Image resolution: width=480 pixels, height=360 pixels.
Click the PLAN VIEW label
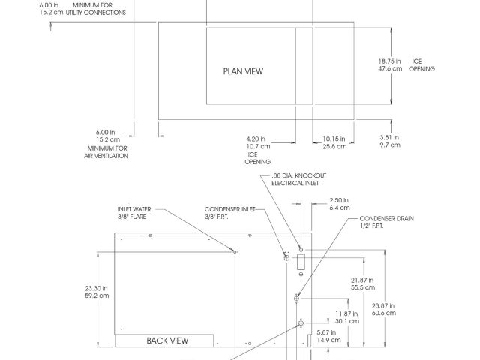click(x=243, y=71)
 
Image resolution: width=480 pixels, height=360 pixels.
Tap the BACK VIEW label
click(x=167, y=340)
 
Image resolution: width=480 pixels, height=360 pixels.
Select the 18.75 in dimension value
click(x=389, y=61)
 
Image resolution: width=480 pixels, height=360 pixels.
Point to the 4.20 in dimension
click(x=256, y=139)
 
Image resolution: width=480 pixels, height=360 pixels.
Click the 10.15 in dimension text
click(x=334, y=139)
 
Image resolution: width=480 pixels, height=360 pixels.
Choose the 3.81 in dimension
click(x=389, y=137)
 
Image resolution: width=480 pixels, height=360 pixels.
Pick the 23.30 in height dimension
click(x=97, y=287)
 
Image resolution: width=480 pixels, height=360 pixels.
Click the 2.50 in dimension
click(x=340, y=200)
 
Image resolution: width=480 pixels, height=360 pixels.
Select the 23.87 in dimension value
click(x=383, y=304)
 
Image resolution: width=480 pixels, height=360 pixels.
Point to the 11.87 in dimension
click(x=346, y=313)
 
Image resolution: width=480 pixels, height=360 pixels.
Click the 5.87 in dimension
click(x=330, y=332)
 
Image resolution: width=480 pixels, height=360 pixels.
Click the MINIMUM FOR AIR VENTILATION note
click(x=106, y=152)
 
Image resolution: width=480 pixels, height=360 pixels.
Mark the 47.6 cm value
click(x=389, y=68)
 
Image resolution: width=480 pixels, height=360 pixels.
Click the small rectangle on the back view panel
click(x=301, y=262)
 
